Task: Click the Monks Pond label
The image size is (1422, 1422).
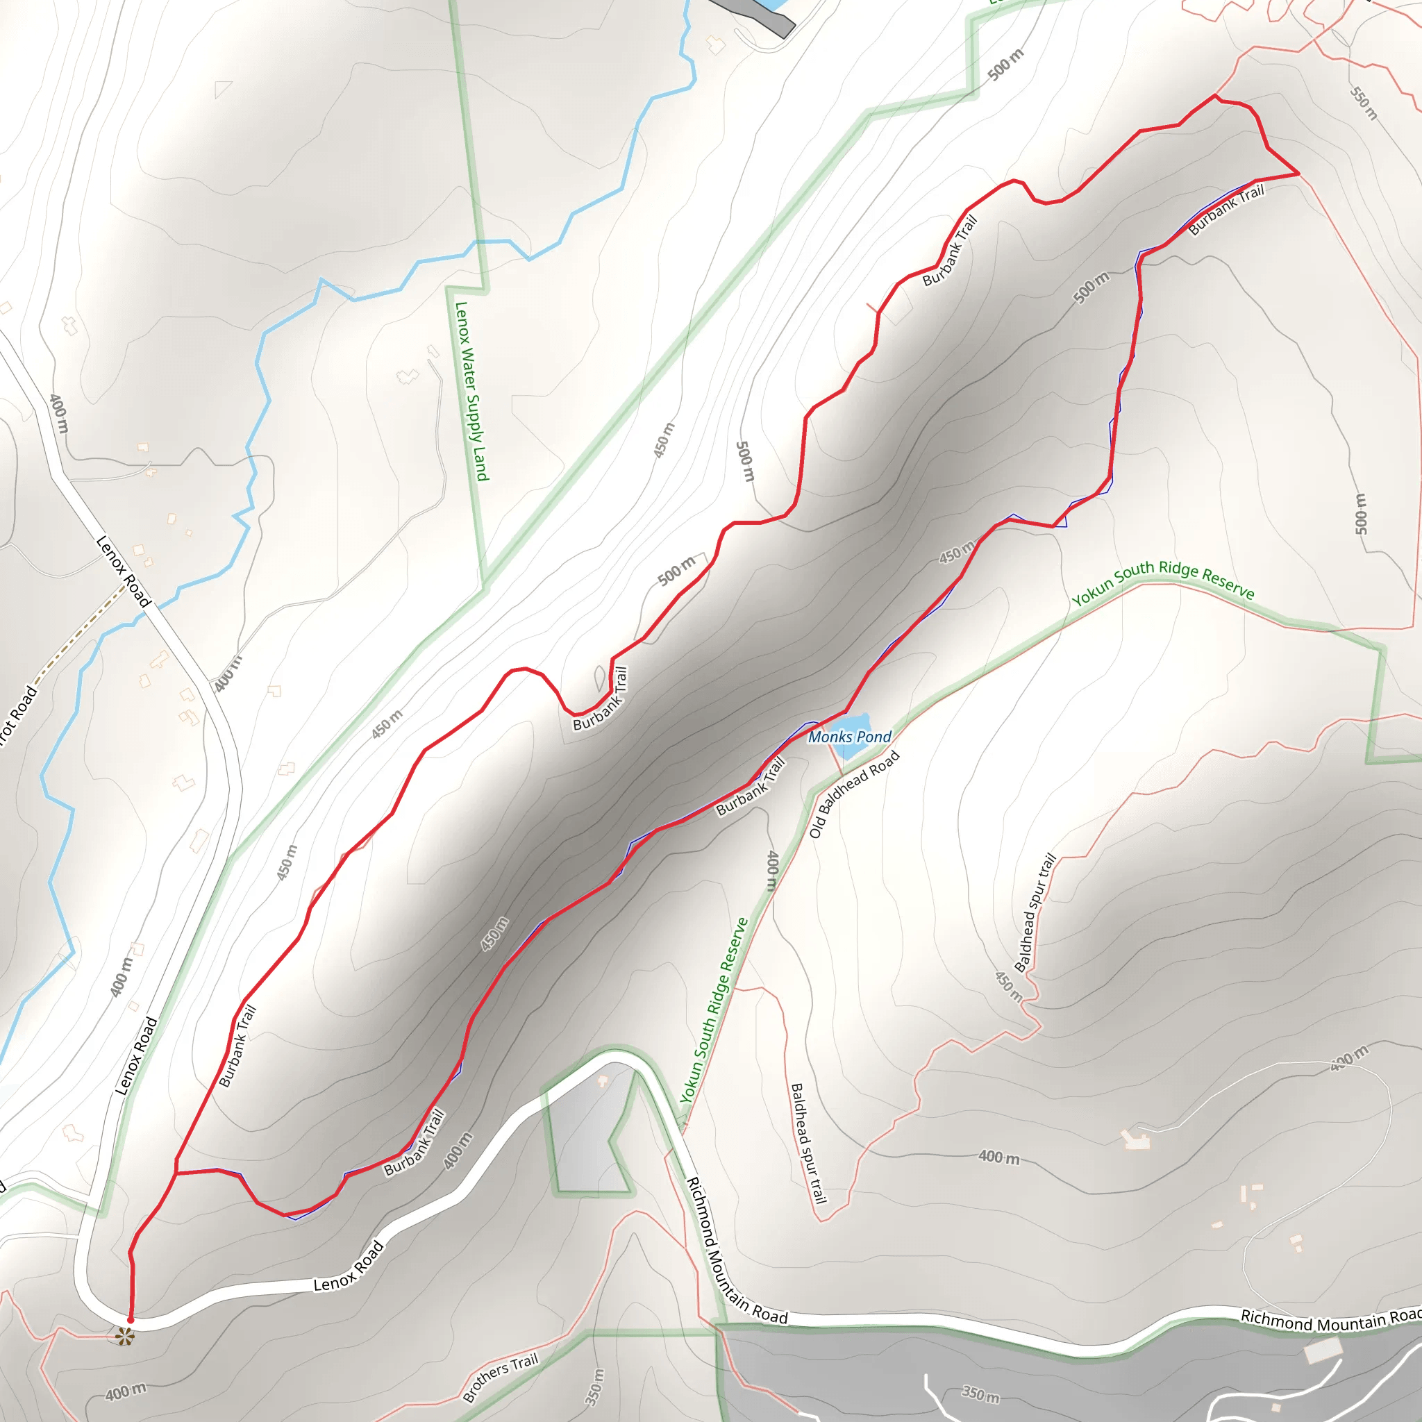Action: point(849,737)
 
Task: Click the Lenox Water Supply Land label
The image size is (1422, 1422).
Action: point(471,391)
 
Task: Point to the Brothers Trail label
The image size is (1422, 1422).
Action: point(501,1376)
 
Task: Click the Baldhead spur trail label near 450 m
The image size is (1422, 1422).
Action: point(1035,912)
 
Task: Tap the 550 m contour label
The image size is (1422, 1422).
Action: point(1363,103)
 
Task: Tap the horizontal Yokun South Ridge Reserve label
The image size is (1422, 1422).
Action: point(1163,582)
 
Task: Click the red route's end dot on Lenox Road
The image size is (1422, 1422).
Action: point(131,1321)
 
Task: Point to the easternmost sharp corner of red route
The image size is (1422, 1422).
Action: point(1298,174)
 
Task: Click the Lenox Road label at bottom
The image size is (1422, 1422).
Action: point(348,1266)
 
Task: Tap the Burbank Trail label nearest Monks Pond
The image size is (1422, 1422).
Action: point(751,787)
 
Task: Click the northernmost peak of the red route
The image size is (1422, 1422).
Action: point(1214,96)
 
